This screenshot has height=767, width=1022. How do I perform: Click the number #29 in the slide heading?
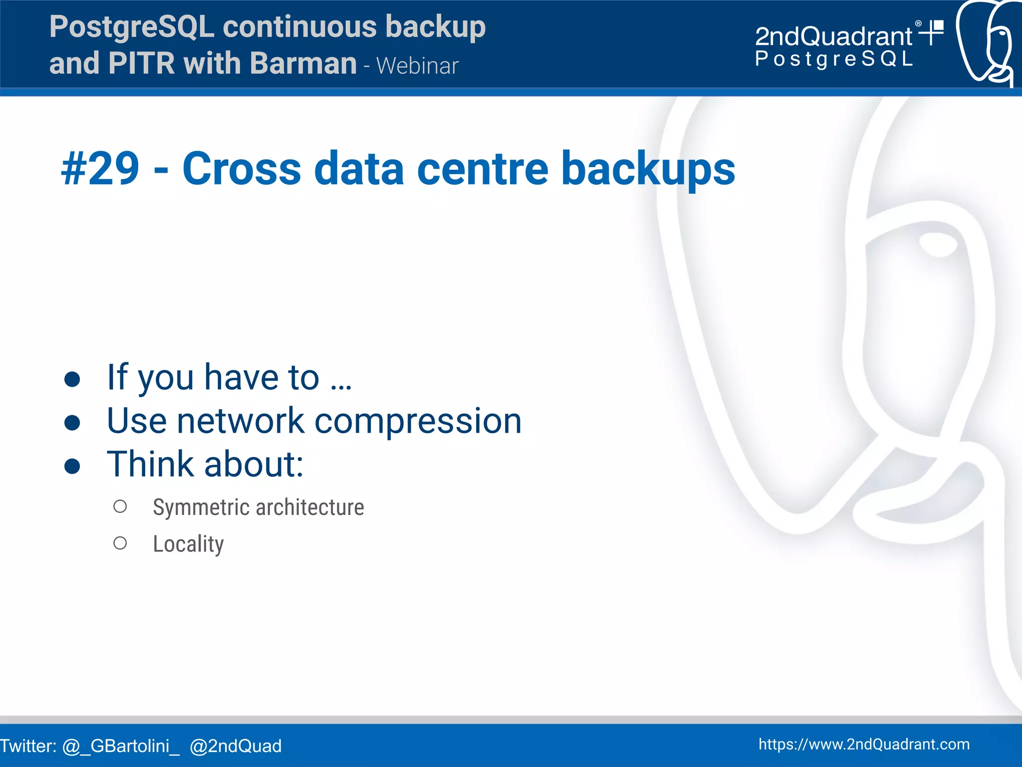coord(100,169)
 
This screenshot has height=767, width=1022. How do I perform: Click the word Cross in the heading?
coord(242,169)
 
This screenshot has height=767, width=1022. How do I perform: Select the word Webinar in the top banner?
coord(417,66)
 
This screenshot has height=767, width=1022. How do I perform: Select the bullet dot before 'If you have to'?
coord(72,379)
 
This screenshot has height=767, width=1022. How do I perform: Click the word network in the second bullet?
coord(241,421)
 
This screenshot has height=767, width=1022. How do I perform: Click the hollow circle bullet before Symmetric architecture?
coord(120,507)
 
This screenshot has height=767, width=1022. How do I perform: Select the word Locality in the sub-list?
coord(188,544)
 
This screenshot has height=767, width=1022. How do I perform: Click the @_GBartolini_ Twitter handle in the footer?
coord(121,746)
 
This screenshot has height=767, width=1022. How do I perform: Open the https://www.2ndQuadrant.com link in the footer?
coord(864,745)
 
